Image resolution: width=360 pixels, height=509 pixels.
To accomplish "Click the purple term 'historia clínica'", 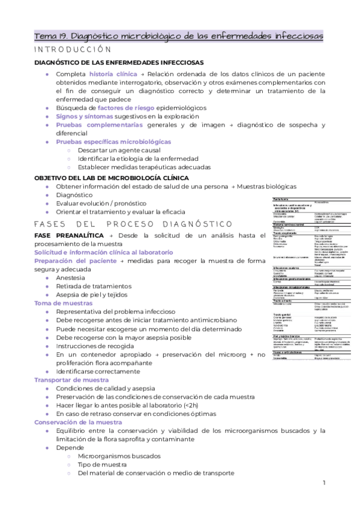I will [x=113, y=73].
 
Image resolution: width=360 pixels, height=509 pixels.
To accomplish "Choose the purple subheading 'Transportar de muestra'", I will [x=71, y=380].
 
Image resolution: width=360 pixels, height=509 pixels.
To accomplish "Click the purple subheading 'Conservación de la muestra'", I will [x=78, y=422].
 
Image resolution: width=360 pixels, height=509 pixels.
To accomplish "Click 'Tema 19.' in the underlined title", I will [x=52, y=36].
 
